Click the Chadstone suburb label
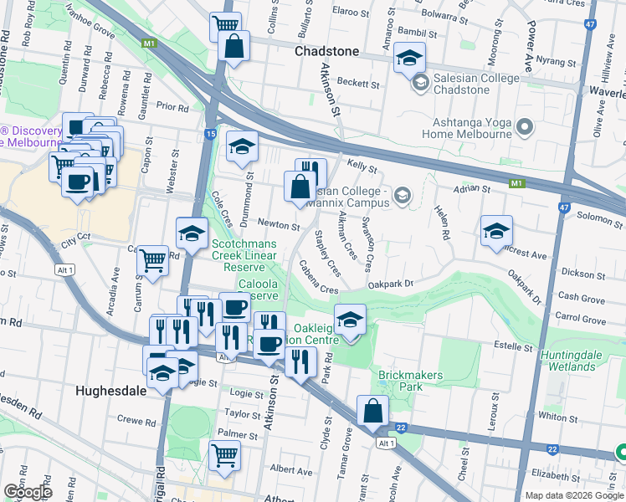pos(327,51)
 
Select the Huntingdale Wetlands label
pos(582,361)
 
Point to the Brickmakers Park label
pos(411,382)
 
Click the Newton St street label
pos(279,225)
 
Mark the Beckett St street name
pos(359,85)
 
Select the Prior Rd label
pos(172,107)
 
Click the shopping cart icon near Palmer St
pos(224,456)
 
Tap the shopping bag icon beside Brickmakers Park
pos(372,411)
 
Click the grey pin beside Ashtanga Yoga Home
pos(525,127)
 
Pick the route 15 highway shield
pos(210,134)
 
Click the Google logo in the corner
pos(28,492)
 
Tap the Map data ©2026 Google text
pos(574,495)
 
